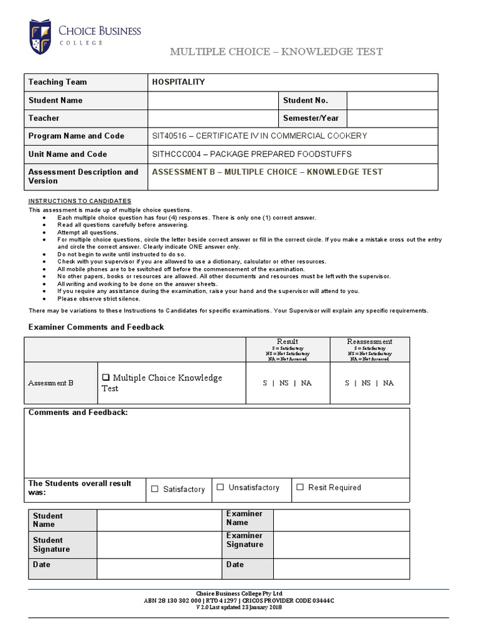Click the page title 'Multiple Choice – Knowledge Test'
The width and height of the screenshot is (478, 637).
(276, 52)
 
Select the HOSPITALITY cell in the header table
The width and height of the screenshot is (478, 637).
(179, 82)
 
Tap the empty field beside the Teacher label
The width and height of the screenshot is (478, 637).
(212, 118)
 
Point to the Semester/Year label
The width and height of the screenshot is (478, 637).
(311, 118)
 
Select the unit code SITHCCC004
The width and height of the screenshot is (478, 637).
(176, 154)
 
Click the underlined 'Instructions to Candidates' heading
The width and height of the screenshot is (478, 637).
(80, 201)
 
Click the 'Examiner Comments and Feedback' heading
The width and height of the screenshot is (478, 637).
(96, 327)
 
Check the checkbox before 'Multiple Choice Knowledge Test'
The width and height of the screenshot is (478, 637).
(106, 378)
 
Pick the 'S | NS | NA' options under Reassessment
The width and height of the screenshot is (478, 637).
(369, 383)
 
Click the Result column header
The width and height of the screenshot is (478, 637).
(287, 342)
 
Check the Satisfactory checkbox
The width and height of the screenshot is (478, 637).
(155, 489)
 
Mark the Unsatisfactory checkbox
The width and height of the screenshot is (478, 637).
(220, 487)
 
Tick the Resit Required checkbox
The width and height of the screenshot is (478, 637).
(300, 487)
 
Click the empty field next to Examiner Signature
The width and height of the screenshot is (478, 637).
(341, 545)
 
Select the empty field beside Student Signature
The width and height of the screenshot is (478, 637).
(159, 545)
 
